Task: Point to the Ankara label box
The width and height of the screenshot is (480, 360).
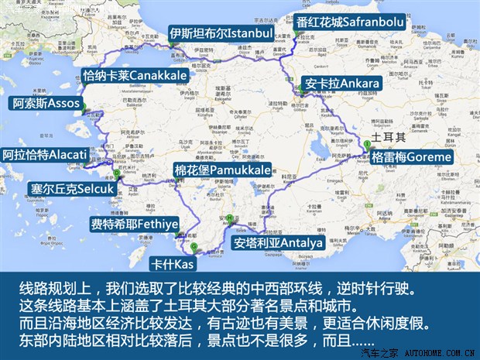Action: coord(342,83)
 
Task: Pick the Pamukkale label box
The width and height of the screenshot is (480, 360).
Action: coord(221,170)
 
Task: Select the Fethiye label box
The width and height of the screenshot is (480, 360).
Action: coord(134,225)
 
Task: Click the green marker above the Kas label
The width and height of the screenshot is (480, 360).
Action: coord(194,247)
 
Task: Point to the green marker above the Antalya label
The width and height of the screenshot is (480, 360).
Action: coord(230,218)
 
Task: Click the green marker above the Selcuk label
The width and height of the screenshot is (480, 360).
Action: coord(117,173)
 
